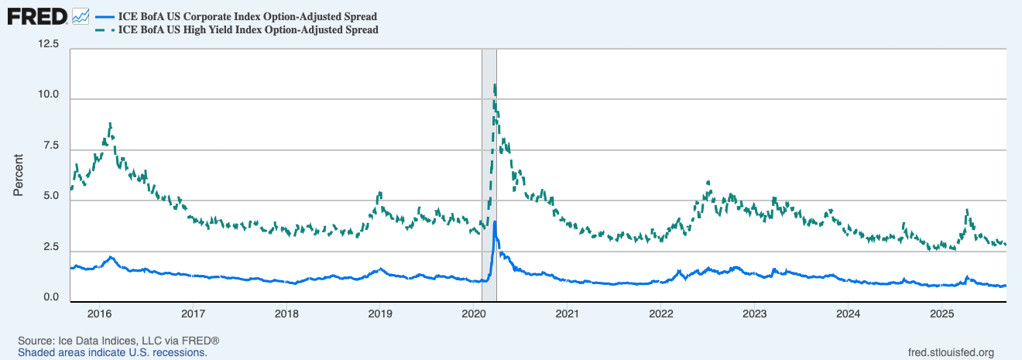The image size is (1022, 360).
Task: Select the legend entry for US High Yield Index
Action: click(x=248, y=30)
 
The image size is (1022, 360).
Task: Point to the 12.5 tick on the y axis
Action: click(x=49, y=45)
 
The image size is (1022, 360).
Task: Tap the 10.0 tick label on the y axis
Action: click(x=49, y=95)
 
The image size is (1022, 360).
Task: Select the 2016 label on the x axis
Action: click(x=99, y=314)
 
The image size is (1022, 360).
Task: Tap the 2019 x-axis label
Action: click(x=379, y=314)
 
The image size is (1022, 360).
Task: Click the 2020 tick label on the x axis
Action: click(x=473, y=314)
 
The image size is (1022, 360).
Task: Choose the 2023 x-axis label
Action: click(x=754, y=314)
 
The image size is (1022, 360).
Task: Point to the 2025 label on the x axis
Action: click(x=941, y=314)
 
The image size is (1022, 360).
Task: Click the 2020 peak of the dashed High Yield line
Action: click(x=494, y=85)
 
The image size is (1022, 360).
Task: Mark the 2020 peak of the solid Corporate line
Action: click(x=495, y=222)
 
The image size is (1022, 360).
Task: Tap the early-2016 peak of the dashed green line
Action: click(x=111, y=124)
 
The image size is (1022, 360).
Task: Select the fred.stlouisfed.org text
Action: click(x=950, y=352)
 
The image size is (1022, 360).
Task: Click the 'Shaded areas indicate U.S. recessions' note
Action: click(x=112, y=352)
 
